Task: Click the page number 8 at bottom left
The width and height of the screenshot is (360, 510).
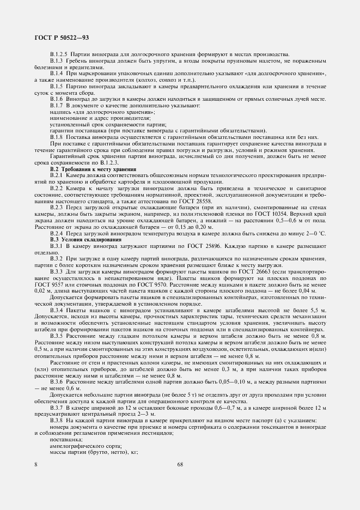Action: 35,464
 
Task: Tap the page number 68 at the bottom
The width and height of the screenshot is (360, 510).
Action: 180,464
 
